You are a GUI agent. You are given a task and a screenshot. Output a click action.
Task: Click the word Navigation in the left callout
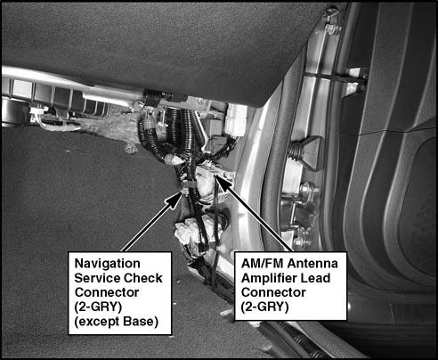tap(107, 264)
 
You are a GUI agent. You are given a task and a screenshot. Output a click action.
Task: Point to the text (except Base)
tap(116, 322)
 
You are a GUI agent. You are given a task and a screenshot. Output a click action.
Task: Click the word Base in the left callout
tap(141, 321)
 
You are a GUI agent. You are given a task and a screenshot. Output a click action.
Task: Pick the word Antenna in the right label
tap(312, 264)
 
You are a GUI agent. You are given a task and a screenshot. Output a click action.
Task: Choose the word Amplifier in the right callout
tap(269, 278)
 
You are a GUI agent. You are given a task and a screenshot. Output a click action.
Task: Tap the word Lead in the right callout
tap(315, 278)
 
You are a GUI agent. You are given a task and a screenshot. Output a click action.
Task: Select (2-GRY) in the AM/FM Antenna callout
tap(264, 307)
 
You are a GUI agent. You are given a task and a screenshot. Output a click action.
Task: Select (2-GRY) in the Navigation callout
tap(98, 307)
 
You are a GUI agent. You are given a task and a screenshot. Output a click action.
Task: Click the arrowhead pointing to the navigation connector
tap(174, 200)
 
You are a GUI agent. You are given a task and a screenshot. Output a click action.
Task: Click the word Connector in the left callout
tap(107, 292)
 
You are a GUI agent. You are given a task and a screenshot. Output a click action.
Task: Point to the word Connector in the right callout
tap(273, 292)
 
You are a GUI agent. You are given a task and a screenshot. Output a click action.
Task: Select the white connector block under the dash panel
tap(236, 120)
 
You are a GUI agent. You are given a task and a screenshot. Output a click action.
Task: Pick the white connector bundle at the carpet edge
tap(186, 232)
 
